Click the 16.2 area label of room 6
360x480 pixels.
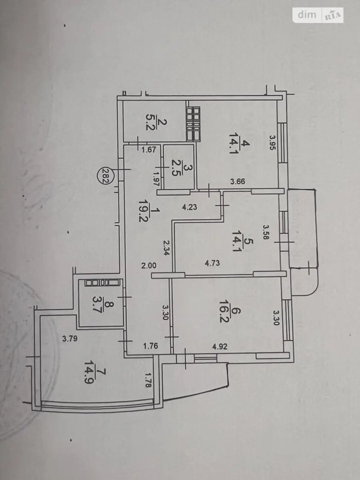coord(223,313)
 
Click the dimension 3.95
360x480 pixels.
coord(272,142)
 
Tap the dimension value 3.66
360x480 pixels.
coord(238,181)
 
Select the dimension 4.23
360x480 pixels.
coord(190,207)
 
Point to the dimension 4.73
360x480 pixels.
coord(212,263)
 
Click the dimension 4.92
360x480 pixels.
coord(220,346)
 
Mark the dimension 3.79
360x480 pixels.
coord(70,339)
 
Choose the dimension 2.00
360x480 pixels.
coord(149,266)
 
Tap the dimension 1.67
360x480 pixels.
coord(149,150)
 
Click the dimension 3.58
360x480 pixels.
coord(265,232)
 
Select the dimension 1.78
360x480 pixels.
coord(148,380)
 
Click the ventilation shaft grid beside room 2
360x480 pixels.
coord(193,124)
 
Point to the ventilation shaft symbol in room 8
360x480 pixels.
coord(102,283)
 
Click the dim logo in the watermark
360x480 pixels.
coord(307,15)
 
